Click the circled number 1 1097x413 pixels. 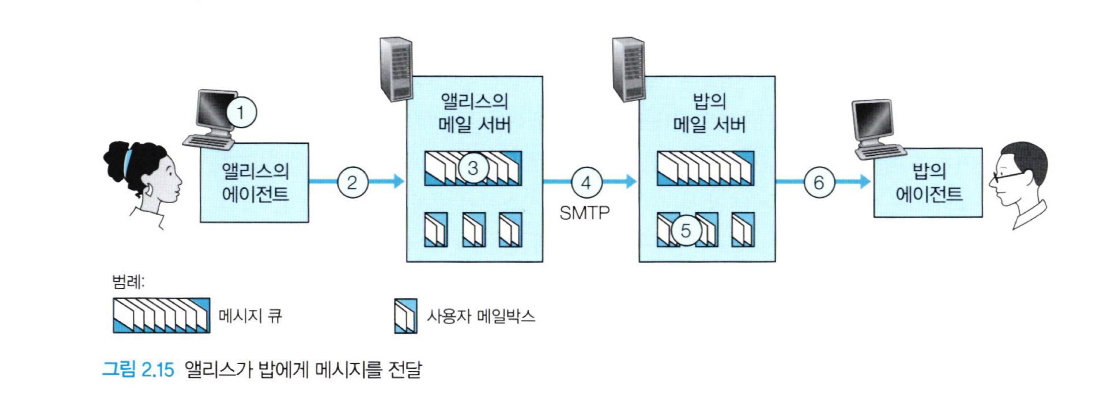(241, 113)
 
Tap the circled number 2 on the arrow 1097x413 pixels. (352, 183)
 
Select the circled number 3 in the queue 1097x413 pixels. (473, 168)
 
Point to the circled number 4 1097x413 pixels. (586, 183)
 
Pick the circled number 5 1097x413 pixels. (686, 230)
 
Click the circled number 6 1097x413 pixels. (819, 183)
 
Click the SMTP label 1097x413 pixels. (584, 213)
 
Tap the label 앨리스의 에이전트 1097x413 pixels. (255, 183)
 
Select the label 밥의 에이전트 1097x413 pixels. (929, 183)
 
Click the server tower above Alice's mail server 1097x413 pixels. (396, 68)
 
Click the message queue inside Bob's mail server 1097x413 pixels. (705, 169)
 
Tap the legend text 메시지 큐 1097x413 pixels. (250, 316)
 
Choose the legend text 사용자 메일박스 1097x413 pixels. (481, 316)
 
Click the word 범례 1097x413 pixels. (128, 282)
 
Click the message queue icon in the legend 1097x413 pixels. (161, 316)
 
